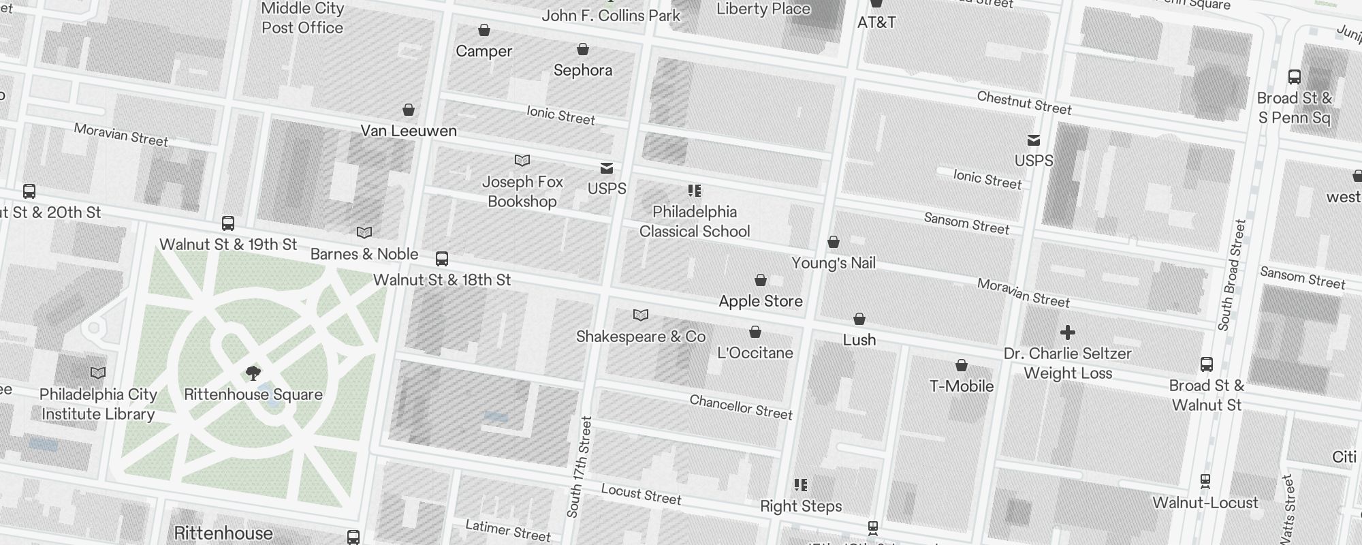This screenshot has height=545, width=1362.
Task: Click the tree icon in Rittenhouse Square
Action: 253,373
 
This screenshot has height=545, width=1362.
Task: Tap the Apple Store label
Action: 761,301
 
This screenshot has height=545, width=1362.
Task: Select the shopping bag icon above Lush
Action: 859,319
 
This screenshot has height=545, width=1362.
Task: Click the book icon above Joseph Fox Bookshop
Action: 522,161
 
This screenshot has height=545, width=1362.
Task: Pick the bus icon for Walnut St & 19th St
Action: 228,223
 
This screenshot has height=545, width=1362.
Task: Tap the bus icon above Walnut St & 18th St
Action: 442,259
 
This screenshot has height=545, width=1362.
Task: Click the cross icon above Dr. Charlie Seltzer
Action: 1067,332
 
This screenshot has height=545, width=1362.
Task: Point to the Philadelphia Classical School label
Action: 695,221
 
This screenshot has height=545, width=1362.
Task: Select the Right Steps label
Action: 801,506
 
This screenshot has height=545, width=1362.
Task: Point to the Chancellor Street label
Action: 741,407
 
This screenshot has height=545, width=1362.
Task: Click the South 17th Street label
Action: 580,467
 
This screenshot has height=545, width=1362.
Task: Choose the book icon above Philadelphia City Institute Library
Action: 98,373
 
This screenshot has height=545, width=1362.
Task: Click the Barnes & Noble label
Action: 364,254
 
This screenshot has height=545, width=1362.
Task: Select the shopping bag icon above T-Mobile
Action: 962,365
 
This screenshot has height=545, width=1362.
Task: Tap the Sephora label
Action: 583,70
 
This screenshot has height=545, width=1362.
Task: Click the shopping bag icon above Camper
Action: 484,30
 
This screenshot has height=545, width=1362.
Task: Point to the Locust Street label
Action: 641,494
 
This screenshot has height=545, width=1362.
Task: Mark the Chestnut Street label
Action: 1024,103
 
